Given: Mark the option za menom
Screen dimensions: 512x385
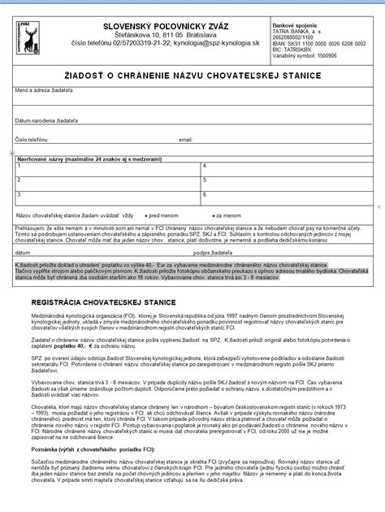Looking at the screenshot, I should click(x=230, y=215).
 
